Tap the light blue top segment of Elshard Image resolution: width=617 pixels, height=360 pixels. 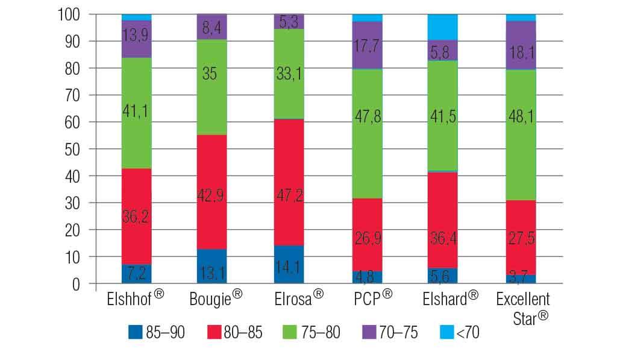442,27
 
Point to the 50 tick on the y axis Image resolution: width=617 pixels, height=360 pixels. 78,149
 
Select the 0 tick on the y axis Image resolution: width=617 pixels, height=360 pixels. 83,284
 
